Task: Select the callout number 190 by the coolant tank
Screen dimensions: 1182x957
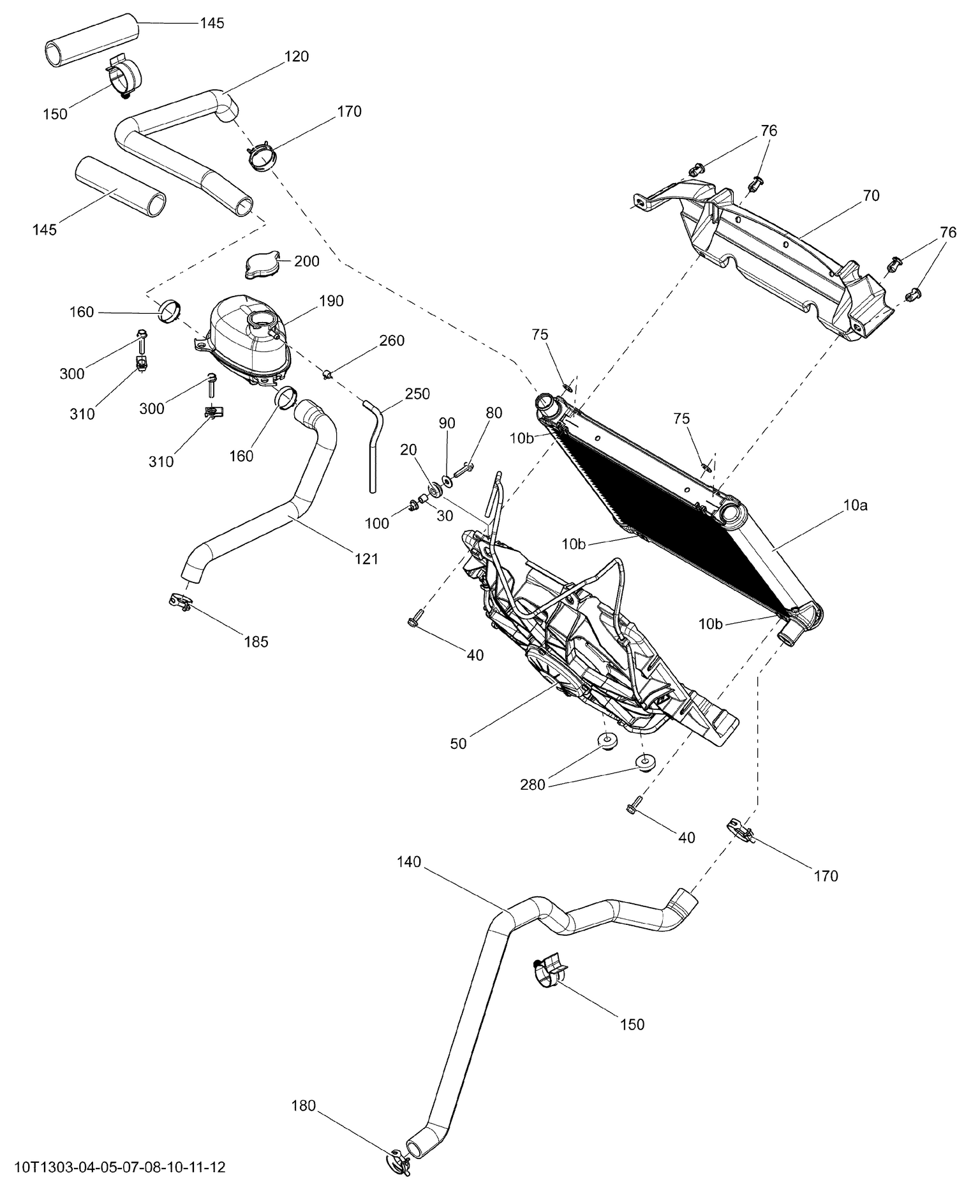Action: click(331, 301)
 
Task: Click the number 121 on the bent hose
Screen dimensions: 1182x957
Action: click(366, 559)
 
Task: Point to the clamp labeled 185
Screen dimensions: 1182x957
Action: click(182, 602)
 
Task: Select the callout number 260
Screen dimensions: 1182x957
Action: click(392, 341)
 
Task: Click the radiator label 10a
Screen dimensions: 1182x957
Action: click(855, 506)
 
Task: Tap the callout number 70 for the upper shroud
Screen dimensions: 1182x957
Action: click(870, 195)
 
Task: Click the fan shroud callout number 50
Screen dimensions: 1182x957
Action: click(458, 743)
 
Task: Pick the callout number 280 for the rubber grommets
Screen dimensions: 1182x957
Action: click(533, 785)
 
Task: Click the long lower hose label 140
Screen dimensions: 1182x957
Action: click(409, 862)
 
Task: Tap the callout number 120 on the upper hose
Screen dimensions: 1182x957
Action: click(296, 56)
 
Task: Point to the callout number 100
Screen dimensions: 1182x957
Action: click(377, 523)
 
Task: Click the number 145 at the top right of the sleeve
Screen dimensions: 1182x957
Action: click(212, 23)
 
